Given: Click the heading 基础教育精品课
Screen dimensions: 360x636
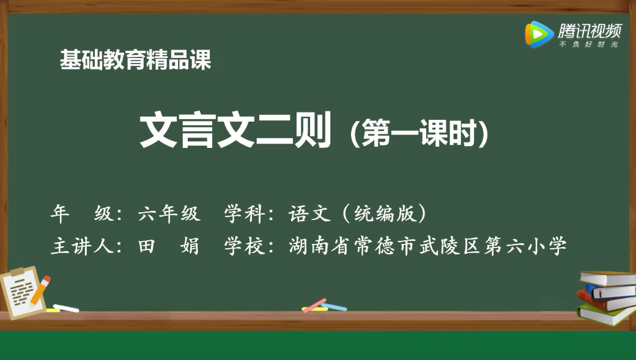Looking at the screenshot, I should coord(136,60).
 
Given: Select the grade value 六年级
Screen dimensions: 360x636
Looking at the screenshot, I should coord(169,213).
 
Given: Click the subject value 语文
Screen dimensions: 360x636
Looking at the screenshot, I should coord(311,213).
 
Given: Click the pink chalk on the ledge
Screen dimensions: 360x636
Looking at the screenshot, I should coord(314,305).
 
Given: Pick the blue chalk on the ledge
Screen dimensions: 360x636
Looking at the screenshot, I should coord(334,306).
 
